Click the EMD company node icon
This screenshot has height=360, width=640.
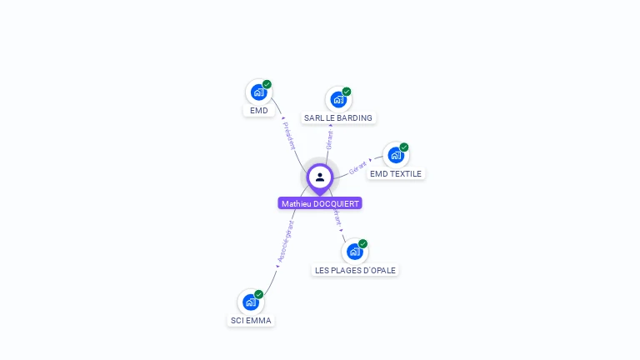258,92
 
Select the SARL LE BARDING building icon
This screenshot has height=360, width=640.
337,100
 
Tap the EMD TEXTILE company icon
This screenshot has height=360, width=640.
396,156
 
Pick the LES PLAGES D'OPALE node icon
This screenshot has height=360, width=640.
354,252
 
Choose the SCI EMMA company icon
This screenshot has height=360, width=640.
251,302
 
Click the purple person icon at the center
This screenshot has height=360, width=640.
320,177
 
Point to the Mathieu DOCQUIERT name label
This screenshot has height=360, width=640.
320,203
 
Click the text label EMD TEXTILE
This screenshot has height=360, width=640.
396,174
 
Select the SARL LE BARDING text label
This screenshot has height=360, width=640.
338,118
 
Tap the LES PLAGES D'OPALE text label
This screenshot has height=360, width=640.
355,270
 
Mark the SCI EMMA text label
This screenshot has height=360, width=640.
251,321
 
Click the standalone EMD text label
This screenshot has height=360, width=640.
258,110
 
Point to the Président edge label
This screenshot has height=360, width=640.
289,136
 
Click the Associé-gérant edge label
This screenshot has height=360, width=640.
285,242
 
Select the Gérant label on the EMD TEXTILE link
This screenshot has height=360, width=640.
358,167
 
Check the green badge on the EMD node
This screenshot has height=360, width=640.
267,84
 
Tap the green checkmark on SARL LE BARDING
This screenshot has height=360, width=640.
347,92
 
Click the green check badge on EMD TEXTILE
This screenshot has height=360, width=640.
404,147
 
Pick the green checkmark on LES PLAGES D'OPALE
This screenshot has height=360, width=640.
362,243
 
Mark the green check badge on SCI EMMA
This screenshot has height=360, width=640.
259,294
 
